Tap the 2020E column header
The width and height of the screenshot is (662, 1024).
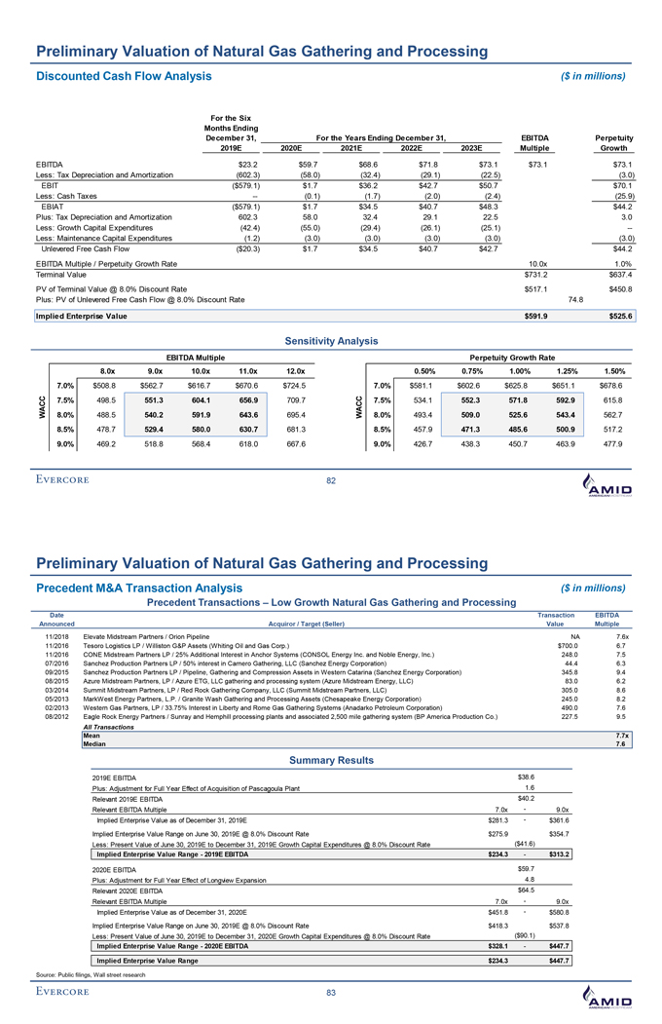click(288, 147)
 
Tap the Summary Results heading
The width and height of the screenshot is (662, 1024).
click(331, 760)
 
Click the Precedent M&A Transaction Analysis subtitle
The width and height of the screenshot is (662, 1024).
click(138, 587)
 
